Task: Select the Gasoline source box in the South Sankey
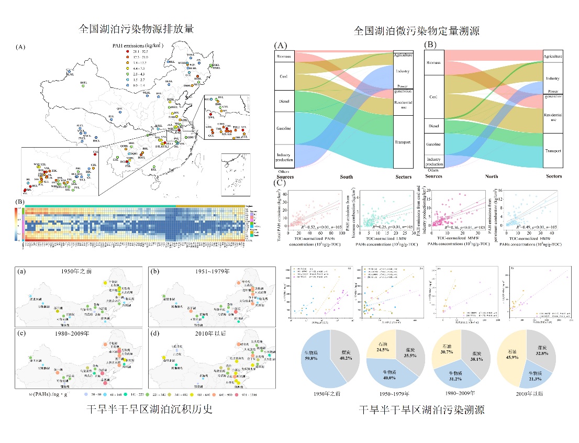pyautogui.click(x=283, y=128)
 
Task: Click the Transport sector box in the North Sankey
pyautogui.click(x=552, y=150)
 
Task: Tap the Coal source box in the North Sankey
pyautogui.click(x=434, y=97)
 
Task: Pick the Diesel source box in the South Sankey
pyautogui.click(x=283, y=101)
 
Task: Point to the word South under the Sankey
pyautogui.click(x=347, y=177)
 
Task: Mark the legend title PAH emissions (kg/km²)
pyautogui.click(x=138, y=46)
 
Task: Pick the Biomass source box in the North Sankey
pyautogui.click(x=434, y=63)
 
